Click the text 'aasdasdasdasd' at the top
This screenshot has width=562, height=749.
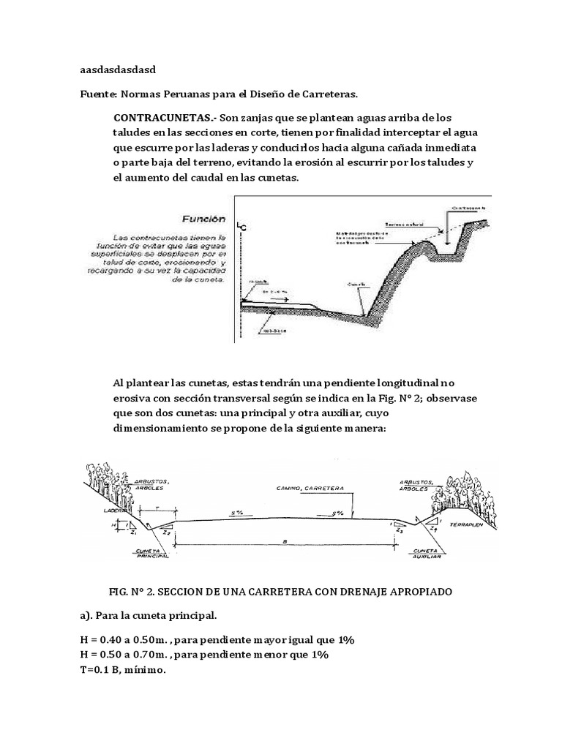[x=117, y=70]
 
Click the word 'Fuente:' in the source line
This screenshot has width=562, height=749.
[x=98, y=94]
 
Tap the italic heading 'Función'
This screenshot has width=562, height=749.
[x=204, y=219]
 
